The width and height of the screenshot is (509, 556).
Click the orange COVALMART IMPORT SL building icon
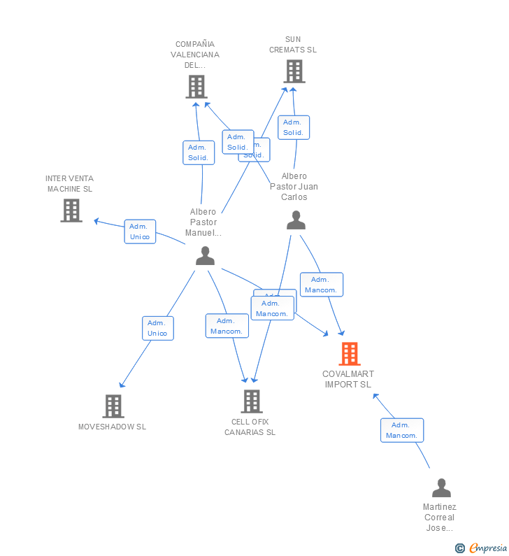tap(350, 354)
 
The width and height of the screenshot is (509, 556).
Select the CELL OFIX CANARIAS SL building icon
tap(252, 401)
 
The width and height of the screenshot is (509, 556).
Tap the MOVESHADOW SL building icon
tap(113, 406)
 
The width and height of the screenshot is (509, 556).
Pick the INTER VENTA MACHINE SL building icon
tap(71, 210)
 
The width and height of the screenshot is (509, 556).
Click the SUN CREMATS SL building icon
tap(294, 71)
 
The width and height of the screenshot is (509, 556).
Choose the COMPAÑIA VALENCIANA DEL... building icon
tap(196, 86)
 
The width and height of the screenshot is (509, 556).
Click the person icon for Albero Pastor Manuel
tap(205, 256)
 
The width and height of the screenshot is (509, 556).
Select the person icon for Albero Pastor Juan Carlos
tap(296, 220)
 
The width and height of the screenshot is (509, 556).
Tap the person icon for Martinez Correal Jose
tap(441, 487)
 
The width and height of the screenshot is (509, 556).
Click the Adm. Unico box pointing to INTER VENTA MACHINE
tap(140, 231)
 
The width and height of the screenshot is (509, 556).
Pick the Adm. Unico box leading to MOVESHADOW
tap(157, 328)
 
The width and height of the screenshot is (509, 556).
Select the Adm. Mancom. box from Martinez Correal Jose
tap(401, 430)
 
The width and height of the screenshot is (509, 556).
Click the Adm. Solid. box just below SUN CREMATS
tap(293, 127)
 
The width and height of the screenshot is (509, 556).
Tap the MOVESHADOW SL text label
tap(112, 427)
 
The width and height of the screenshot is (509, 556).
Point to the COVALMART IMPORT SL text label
tap(348, 379)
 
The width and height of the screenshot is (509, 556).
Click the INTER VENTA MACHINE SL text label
tap(69, 184)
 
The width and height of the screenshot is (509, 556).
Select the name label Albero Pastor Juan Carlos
tap(294, 187)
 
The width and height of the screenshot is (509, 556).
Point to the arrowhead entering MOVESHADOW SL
tap(122, 385)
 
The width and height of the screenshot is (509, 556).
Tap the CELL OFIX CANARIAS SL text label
tap(250, 427)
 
